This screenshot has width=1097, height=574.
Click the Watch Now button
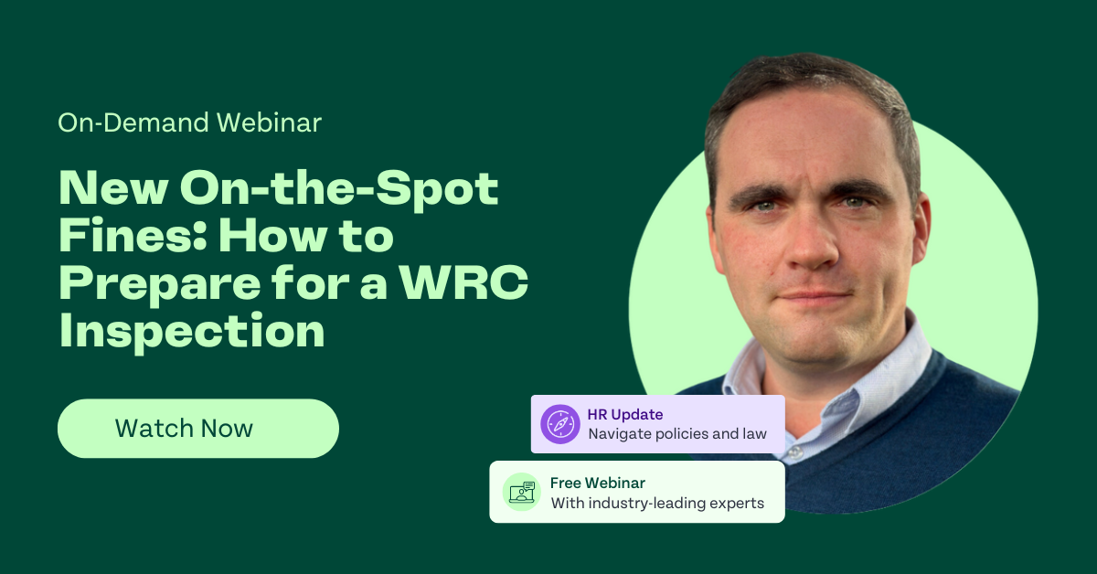point(197,429)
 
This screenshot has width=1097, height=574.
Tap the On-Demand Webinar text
point(189,122)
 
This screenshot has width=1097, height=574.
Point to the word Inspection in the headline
point(192,332)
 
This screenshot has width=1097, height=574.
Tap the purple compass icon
point(559,424)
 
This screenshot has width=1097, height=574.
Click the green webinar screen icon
point(520,492)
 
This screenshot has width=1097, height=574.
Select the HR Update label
point(625,415)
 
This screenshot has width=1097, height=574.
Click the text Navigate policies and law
point(677,434)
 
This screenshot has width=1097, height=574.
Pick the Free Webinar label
point(597,483)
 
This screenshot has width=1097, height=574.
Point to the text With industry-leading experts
point(656,503)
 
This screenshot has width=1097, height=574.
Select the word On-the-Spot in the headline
point(339,189)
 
